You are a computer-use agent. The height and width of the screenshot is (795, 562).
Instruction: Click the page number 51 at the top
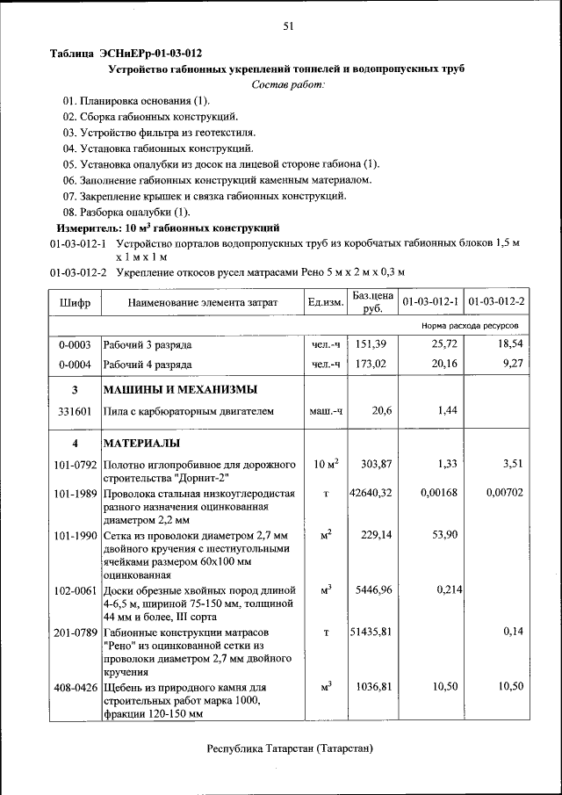click(x=287, y=26)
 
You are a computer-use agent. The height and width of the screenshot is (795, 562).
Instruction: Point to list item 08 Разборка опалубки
click(x=126, y=212)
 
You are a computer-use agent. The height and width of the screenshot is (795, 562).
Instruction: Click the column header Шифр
click(x=75, y=303)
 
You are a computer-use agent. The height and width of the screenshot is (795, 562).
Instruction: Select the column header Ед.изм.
click(x=325, y=303)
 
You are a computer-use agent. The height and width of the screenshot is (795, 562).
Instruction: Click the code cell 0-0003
click(x=75, y=344)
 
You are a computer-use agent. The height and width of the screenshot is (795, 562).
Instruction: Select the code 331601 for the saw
click(x=75, y=410)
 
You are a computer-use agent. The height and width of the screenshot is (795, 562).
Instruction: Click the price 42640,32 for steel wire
click(x=370, y=493)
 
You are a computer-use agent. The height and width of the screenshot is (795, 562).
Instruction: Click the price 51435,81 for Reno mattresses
click(x=370, y=632)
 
